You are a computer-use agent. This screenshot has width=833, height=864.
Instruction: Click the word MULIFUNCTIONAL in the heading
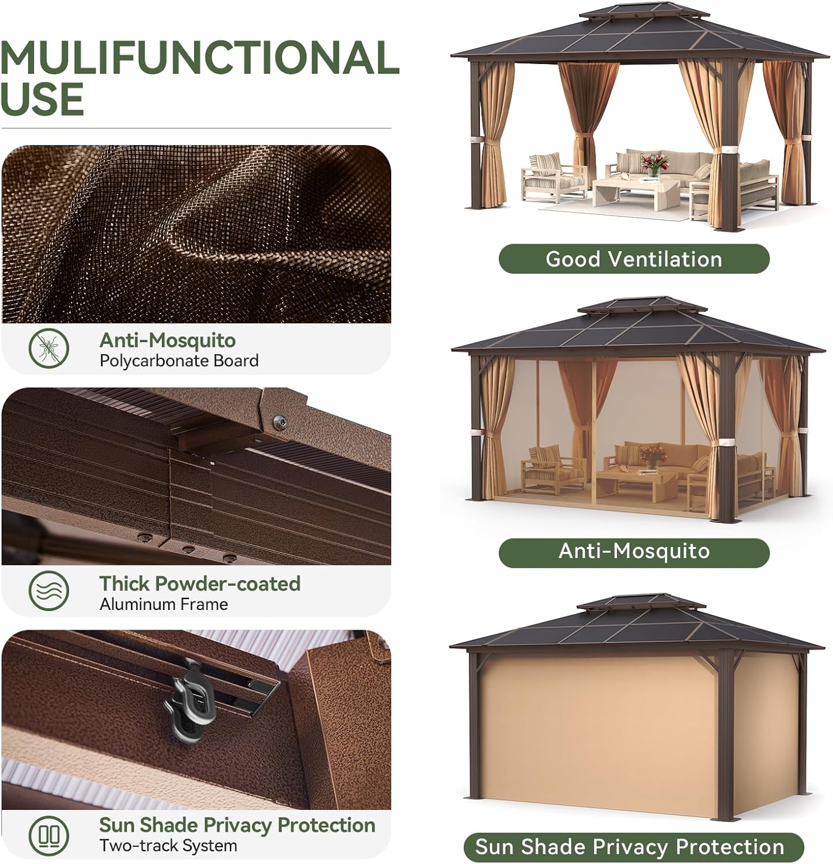coord(199,58)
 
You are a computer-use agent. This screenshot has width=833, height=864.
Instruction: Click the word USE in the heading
coord(42,98)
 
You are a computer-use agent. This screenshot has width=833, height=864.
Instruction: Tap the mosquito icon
coord(49,348)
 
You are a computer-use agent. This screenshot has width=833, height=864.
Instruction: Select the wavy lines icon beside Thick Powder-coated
coord(49,590)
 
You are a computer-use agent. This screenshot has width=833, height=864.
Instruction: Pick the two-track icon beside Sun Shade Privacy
coord(49,834)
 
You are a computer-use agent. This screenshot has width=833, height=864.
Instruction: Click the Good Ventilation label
coord(634,259)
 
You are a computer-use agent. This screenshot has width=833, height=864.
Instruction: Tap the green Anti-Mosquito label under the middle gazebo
coord(634,551)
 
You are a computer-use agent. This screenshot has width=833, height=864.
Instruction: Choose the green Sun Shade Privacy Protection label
coord(633,847)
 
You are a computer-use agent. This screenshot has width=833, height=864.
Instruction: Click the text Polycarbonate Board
coord(179,361)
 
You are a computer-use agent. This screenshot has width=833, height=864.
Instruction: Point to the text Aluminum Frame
coord(164,604)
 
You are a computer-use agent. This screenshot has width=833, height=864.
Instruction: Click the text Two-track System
coord(168,846)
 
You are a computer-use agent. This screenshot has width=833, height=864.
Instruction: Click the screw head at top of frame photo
coord(281,422)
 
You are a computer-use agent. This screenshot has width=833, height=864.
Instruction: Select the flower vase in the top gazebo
coord(652,164)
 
